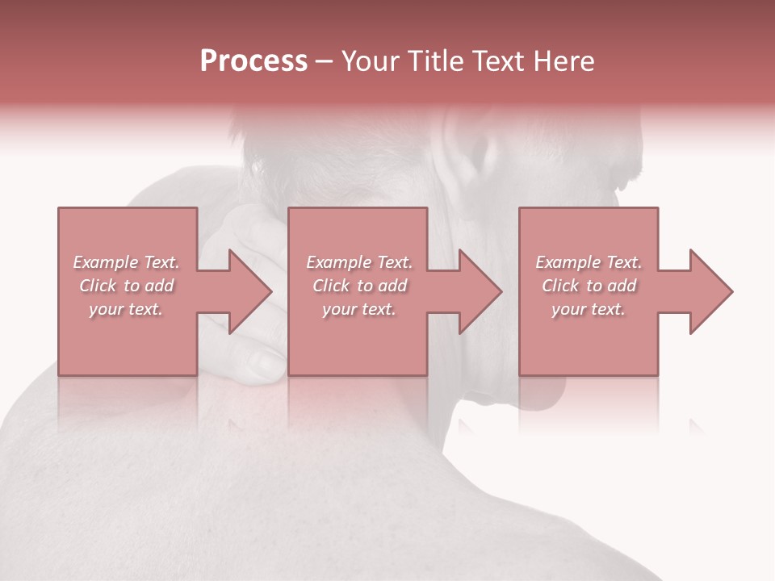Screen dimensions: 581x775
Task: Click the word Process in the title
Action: click(253, 61)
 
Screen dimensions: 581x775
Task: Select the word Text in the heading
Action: click(496, 61)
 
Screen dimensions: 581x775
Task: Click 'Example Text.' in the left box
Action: click(126, 262)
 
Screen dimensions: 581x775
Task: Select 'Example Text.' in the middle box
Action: click(358, 262)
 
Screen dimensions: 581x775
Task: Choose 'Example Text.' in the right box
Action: click(589, 262)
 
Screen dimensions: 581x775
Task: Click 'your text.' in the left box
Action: click(126, 309)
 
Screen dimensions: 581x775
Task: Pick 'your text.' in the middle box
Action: click(358, 309)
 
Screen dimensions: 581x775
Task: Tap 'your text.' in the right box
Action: click(589, 309)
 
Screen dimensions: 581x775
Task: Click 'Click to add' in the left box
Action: click(126, 286)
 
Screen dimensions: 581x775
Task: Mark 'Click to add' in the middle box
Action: click(358, 286)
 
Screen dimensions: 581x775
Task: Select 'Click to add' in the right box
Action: click(589, 286)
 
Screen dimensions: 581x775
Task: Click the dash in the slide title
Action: click(324, 62)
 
